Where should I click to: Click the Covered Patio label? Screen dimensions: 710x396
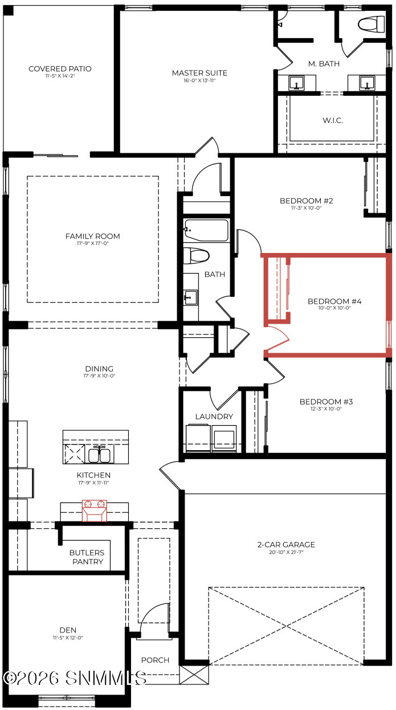tap(60, 69)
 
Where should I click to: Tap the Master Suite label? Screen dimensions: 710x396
tap(199, 73)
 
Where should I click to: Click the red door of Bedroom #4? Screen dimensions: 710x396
tap(279, 340)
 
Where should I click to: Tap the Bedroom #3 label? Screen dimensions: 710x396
tap(326, 402)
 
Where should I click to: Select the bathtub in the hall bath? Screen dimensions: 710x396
tap(206, 231)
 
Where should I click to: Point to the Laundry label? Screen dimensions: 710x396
tap(214, 417)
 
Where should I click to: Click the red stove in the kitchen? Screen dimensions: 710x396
tap(95, 509)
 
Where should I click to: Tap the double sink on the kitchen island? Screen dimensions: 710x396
tap(100, 454)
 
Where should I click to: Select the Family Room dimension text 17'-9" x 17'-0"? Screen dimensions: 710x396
tap(92, 244)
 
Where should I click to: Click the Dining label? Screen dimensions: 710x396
tap(99, 369)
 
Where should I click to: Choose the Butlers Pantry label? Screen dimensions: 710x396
tap(87, 557)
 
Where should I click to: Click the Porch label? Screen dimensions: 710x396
tap(155, 660)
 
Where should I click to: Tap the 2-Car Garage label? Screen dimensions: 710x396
tap(285, 545)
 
